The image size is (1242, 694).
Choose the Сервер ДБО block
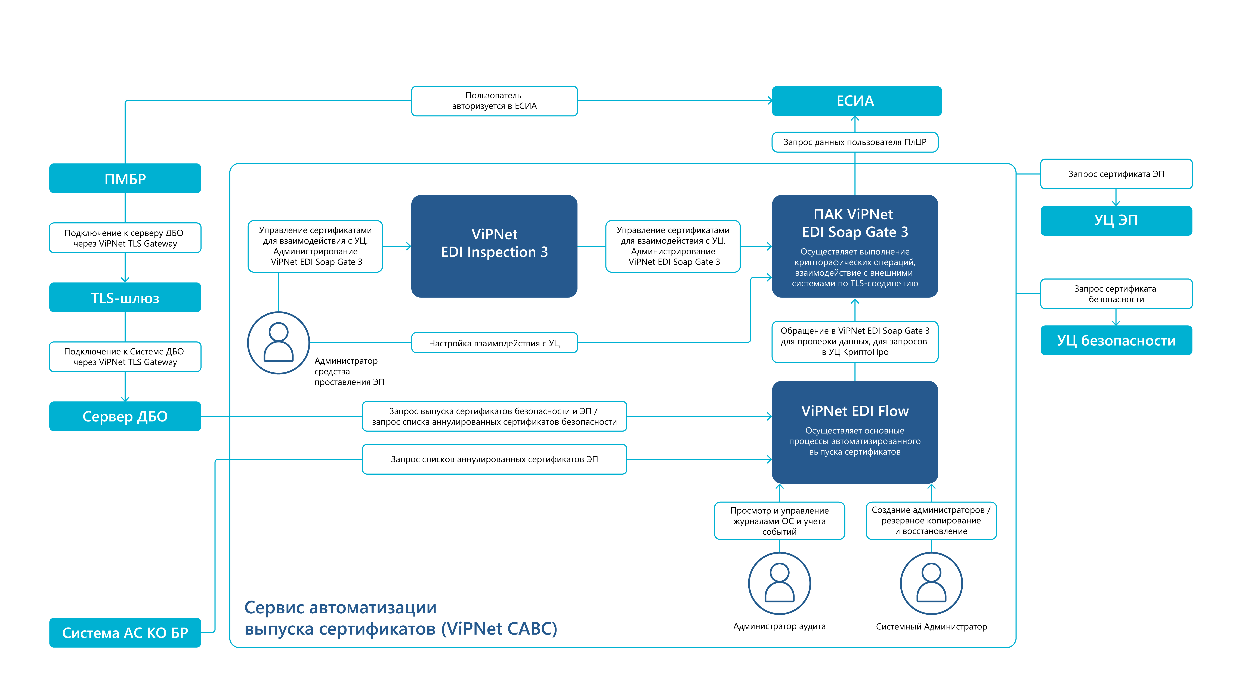click(x=125, y=416)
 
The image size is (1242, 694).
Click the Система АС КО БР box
click(x=125, y=632)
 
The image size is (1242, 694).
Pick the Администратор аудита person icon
click(x=779, y=583)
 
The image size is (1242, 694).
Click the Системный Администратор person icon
click(x=931, y=583)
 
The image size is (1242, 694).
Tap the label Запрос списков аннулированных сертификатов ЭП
click(x=494, y=459)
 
